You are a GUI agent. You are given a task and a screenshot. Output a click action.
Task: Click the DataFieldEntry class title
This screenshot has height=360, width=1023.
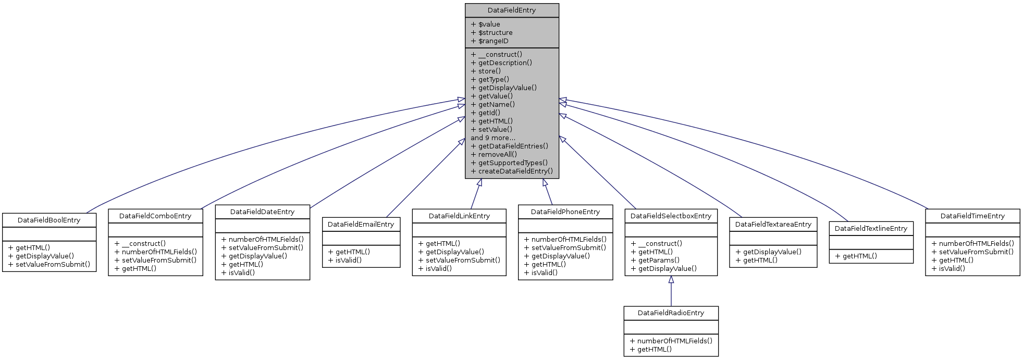pyautogui.click(x=511, y=10)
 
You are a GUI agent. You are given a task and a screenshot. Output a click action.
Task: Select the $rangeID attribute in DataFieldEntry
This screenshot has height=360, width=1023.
pyautogui.click(x=492, y=41)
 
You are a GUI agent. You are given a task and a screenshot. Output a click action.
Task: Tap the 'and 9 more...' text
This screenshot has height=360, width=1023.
pyautogui.click(x=492, y=138)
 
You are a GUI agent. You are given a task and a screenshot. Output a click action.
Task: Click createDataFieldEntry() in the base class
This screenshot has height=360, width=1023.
pyautogui.click(x=515, y=171)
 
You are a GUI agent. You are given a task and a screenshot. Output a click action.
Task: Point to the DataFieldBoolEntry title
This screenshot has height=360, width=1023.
pyautogui.click(x=49, y=220)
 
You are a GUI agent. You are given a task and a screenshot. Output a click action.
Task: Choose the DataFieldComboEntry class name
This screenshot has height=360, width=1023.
pyautogui.click(x=155, y=216)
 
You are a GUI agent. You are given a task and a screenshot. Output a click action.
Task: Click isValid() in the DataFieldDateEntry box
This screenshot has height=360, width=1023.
pyautogui.click(x=241, y=273)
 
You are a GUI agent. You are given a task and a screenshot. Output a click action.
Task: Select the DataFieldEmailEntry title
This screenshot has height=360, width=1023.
pyautogui.click(x=361, y=225)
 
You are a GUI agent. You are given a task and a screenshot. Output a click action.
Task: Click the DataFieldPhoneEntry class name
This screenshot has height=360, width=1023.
pyautogui.click(x=565, y=212)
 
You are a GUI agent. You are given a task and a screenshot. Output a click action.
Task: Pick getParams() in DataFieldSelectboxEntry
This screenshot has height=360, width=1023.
pyautogui.click(x=658, y=260)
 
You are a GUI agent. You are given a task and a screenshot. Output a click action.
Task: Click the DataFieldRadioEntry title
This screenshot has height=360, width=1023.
pyautogui.click(x=671, y=313)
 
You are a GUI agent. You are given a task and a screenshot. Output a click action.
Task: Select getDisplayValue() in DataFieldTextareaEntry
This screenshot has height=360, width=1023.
pyautogui.click(x=772, y=252)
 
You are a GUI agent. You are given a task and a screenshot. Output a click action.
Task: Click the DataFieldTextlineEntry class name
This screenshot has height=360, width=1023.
pyautogui.click(x=871, y=229)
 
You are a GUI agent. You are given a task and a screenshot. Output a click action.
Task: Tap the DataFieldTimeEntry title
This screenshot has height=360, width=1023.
pyautogui.click(x=972, y=216)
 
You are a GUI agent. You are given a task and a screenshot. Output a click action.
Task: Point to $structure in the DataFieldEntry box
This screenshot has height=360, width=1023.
pyautogui.click(x=495, y=33)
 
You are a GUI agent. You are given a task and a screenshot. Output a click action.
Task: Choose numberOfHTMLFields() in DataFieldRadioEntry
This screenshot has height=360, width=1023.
pyautogui.click(x=674, y=341)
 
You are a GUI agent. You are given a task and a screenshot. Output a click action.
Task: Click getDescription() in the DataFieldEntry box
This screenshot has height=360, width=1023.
pyautogui.click(x=504, y=63)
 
